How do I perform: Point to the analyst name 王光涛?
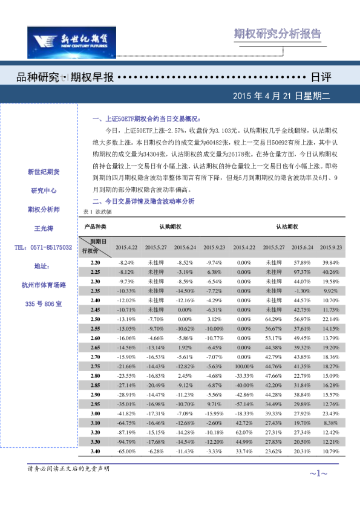44,229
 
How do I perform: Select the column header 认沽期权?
287,227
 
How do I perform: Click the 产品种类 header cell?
95,227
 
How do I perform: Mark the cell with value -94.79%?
126,442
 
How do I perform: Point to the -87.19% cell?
126,432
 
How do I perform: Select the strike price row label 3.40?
95,451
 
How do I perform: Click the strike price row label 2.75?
95,366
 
